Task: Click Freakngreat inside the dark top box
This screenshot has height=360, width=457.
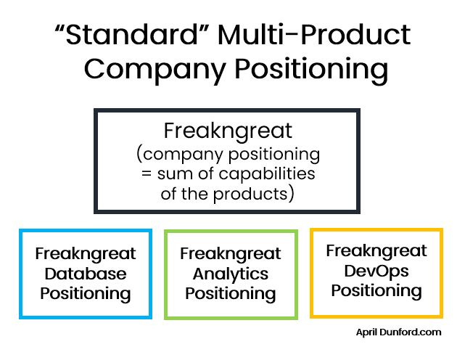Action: pyautogui.click(x=227, y=131)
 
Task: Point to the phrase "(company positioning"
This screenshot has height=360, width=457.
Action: pyautogui.click(x=227, y=154)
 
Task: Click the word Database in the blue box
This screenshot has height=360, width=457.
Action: pyautogui.click(x=86, y=274)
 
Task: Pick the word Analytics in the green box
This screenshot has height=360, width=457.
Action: pyautogui.click(x=230, y=274)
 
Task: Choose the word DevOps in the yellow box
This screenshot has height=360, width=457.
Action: pyautogui.click(x=376, y=271)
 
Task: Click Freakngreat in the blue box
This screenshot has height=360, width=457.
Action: pyautogui.click(x=86, y=255)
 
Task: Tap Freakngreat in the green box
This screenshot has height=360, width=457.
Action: pyautogui.click(x=230, y=255)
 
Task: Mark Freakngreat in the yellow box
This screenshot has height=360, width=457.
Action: pyautogui.click(x=376, y=251)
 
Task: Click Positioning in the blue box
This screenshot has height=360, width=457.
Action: pyautogui.click(x=86, y=294)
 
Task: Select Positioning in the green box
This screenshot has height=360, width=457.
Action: pyautogui.click(x=230, y=294)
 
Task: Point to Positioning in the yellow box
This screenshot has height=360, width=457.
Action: pyautogui.click(x=376, y=290)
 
